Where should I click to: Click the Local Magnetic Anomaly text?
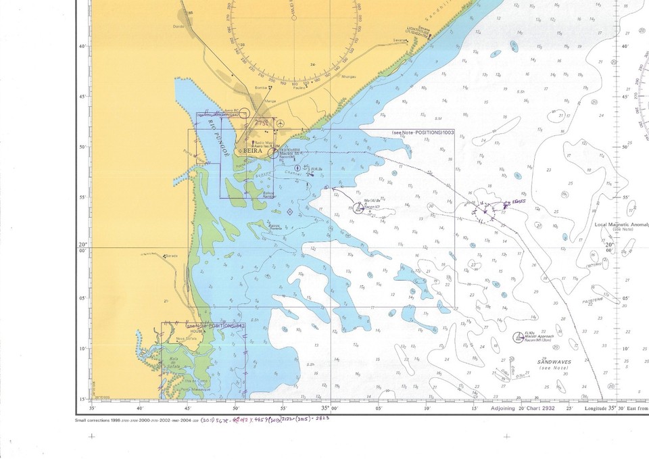(621, 224)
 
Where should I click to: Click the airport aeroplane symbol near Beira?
(281, 123)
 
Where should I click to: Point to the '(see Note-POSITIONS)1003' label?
(423, 132)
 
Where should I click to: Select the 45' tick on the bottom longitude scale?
(189, 408)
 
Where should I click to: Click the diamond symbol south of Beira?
(290, 212)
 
